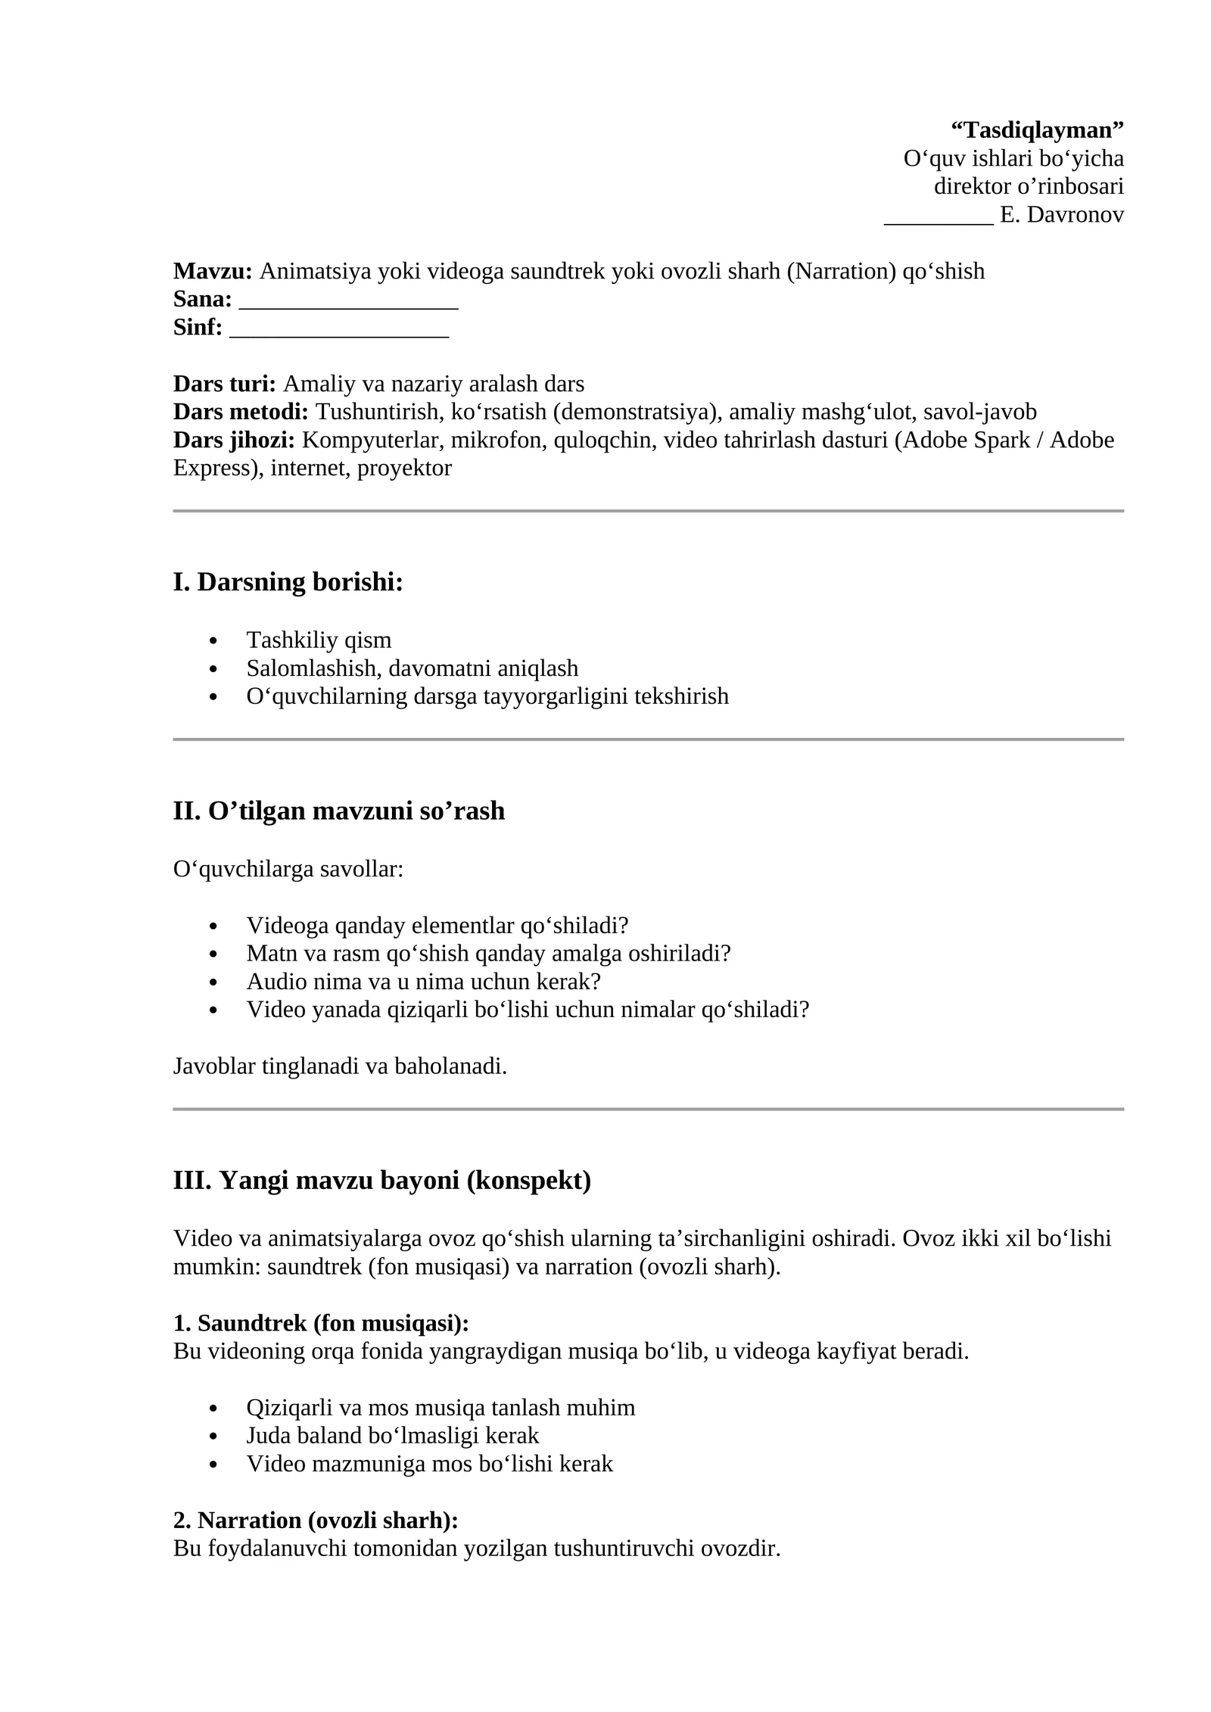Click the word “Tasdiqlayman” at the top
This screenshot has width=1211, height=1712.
click(x=1037, y=130)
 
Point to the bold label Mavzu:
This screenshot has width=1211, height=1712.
click(x=213, y=271)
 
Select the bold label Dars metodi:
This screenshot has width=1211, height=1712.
click(x=241, y=412)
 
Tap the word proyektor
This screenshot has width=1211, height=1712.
click(x=404, y=468)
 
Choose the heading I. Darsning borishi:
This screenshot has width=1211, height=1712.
click(x=288, y=582)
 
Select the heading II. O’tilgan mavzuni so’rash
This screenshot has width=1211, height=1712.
click(x=338, y=811)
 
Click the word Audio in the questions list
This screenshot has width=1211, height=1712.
click(x=274, y=982)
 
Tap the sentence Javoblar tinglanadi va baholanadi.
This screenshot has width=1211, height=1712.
click(x=340, y=1066)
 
